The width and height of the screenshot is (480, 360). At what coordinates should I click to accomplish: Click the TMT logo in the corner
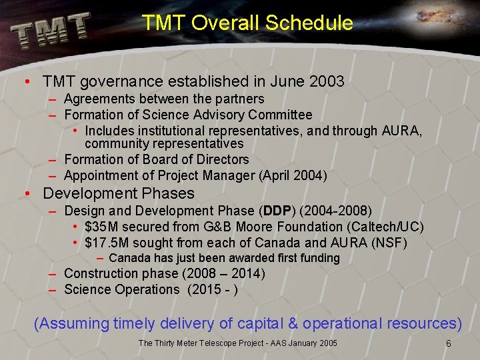pyautogui.click(x=50, y=29)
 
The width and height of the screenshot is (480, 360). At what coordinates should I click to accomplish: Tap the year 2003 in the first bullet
pyautogui.click(x=327, y=82)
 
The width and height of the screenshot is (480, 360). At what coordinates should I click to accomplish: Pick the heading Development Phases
pyautogui.click(x=119, y=194)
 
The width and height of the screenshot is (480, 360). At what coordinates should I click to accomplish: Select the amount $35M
pyautogui.click(x=103, y=227)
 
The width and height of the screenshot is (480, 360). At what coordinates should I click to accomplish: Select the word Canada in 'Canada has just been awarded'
pyautogui.click(x=129, y=258)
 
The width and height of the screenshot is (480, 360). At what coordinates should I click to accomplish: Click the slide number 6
pyautogui.click(x=449, y=343)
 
